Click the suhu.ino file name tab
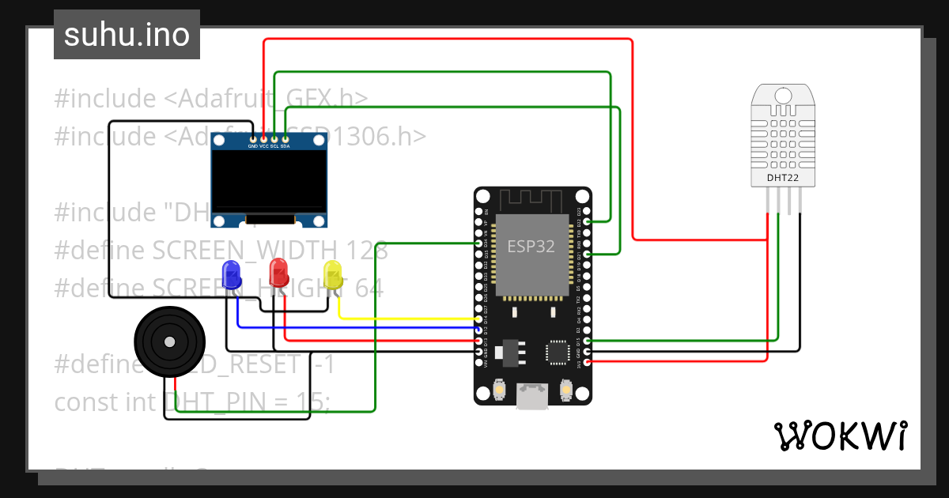(127, 36)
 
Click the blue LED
(232, 274)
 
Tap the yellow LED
(333, 274)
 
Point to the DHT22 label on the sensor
(782, 178)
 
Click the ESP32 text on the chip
(531, 246)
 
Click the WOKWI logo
(839, 436)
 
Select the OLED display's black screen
(269, 181)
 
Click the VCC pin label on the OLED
(264, 146)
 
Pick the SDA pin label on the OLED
(285, 146)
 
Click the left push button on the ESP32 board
(499, 389)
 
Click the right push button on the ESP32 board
(566, 389)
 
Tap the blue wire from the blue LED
(356, 326)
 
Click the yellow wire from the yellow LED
(403, 318)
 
